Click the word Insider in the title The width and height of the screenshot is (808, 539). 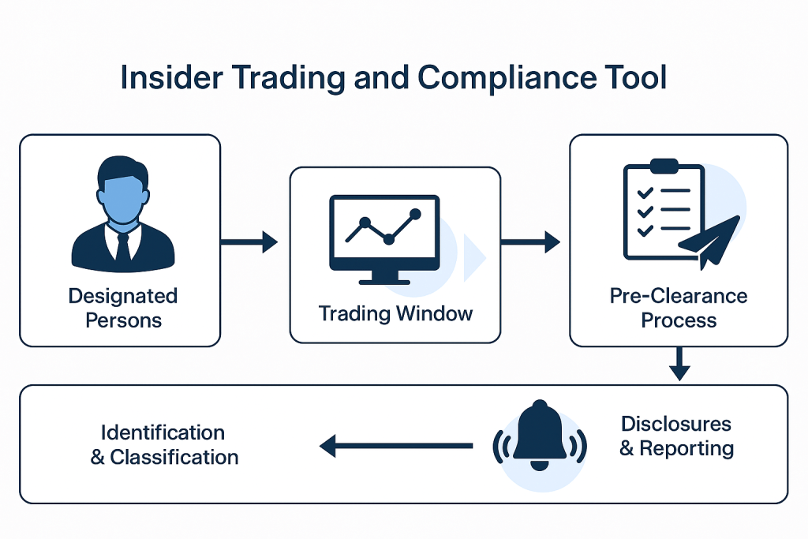click(164, 78)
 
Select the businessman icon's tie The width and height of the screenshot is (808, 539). click(122, 245)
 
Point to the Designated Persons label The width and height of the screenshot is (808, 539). click(122, 308)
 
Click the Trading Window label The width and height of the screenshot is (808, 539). click(395, 313)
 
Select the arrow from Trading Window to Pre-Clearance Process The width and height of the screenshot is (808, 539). click(530, 242)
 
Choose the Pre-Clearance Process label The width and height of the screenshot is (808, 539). click(679, 308)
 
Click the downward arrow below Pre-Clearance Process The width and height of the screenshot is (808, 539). click(679, 365)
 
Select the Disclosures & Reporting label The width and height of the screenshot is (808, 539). click(676, 436)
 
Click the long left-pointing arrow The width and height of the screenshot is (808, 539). click(395, 447)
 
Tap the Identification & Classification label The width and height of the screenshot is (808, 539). click(164, 444)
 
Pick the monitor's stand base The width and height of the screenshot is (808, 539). click(384, 279)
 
